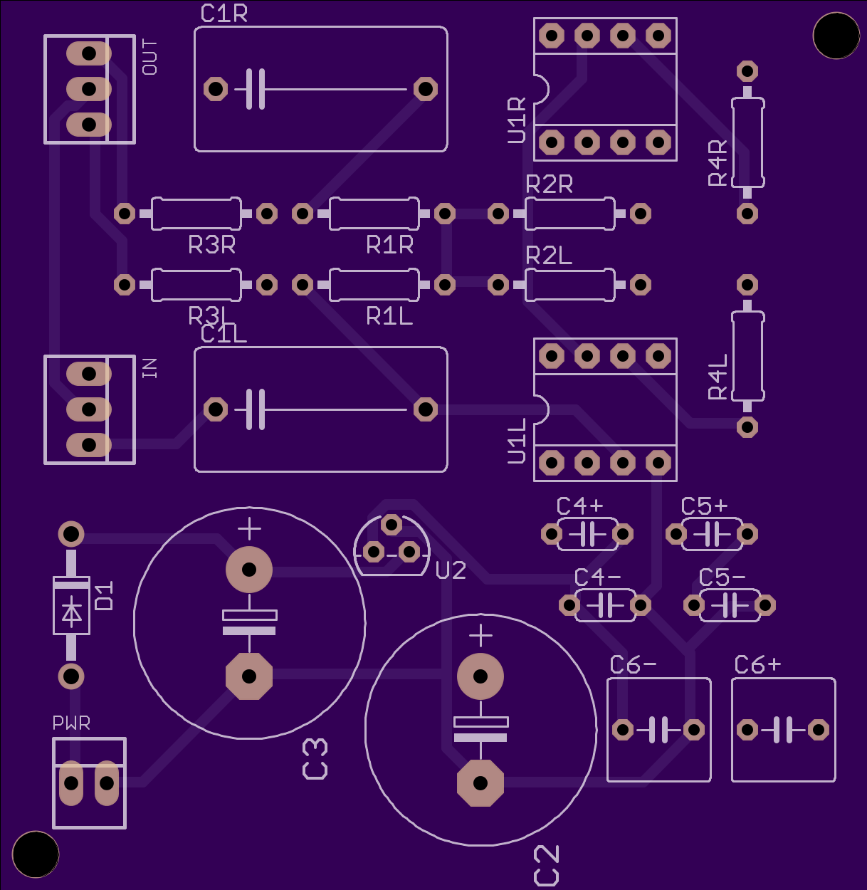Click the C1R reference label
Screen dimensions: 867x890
pyautogui.click(x=224, y=14)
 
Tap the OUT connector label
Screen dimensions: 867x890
pyautogui.click(x=149, y=57)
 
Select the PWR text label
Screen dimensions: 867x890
pyautogui.click(x=71, y=723)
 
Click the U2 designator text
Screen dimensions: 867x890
pyautogui.click(x=451, y=570)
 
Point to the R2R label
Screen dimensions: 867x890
pyautogui.click(x=550, y=184)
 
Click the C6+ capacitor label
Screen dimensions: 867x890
pyautogui.click(x=757, y=665)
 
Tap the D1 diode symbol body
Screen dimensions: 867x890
pyautogui.click(x=71, y=605)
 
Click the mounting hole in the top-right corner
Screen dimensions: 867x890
pyautogui.click(x=836, y=36)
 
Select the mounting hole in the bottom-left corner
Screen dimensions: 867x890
pyautogui.click(x=36, y=854)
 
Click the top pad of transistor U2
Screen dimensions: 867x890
pyautogui.click(x=392, y=525)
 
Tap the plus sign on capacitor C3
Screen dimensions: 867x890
pyautogui.click(x=249, y=529)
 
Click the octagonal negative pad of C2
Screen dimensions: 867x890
pyautogui.click(x=480, y=783)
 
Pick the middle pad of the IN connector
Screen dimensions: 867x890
pyautogui.click(x=89, y=409)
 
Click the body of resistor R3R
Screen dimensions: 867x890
pyautogui.click(x=196, y=214)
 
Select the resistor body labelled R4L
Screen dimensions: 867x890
pyautogui.click(x=747, y=356)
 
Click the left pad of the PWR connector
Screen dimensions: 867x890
pyautogui.click(x=71, y=783)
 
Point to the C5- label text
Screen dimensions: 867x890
pyautogui.click(x=722, y=578)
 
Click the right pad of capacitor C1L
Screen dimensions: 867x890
pyautogui.click(x=426, y=409)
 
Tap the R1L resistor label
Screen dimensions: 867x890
pyautogui.click(x=389, y=317)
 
